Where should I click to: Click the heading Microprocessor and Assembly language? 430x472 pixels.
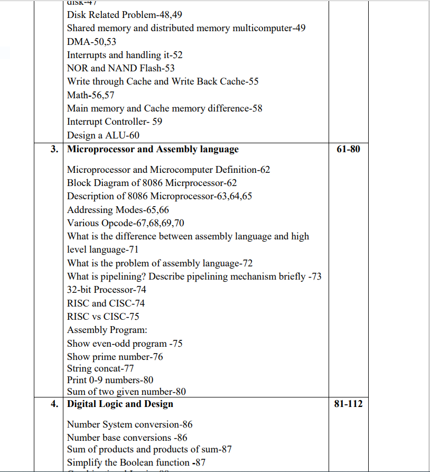[x=153, y=150]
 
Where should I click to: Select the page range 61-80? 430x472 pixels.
[x=348, y=150]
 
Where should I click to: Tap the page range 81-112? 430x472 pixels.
[x=348, y=404]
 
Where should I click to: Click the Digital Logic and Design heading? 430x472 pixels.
[x=120, y=404]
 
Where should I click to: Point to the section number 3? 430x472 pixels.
[x=54, y=150]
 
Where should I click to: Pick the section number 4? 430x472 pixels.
[x=54, y=404]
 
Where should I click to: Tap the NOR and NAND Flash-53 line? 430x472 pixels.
[x=120, y=68]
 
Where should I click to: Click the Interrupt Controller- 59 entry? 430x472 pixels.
[x=115, y=122]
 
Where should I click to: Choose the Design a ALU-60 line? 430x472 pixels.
[x=103, y=135]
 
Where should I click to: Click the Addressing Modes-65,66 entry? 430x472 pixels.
[x=118, y=210]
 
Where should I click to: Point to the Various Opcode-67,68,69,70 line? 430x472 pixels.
[x=126, y=223]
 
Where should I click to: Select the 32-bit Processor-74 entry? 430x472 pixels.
[x=107, y=290]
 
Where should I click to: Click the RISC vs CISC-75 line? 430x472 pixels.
[x=103, y=317]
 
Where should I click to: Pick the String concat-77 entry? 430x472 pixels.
[x=100, y=368]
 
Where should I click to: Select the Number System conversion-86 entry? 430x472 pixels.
[x=129, y=424]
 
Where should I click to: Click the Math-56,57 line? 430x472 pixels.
[x=90, y=95]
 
